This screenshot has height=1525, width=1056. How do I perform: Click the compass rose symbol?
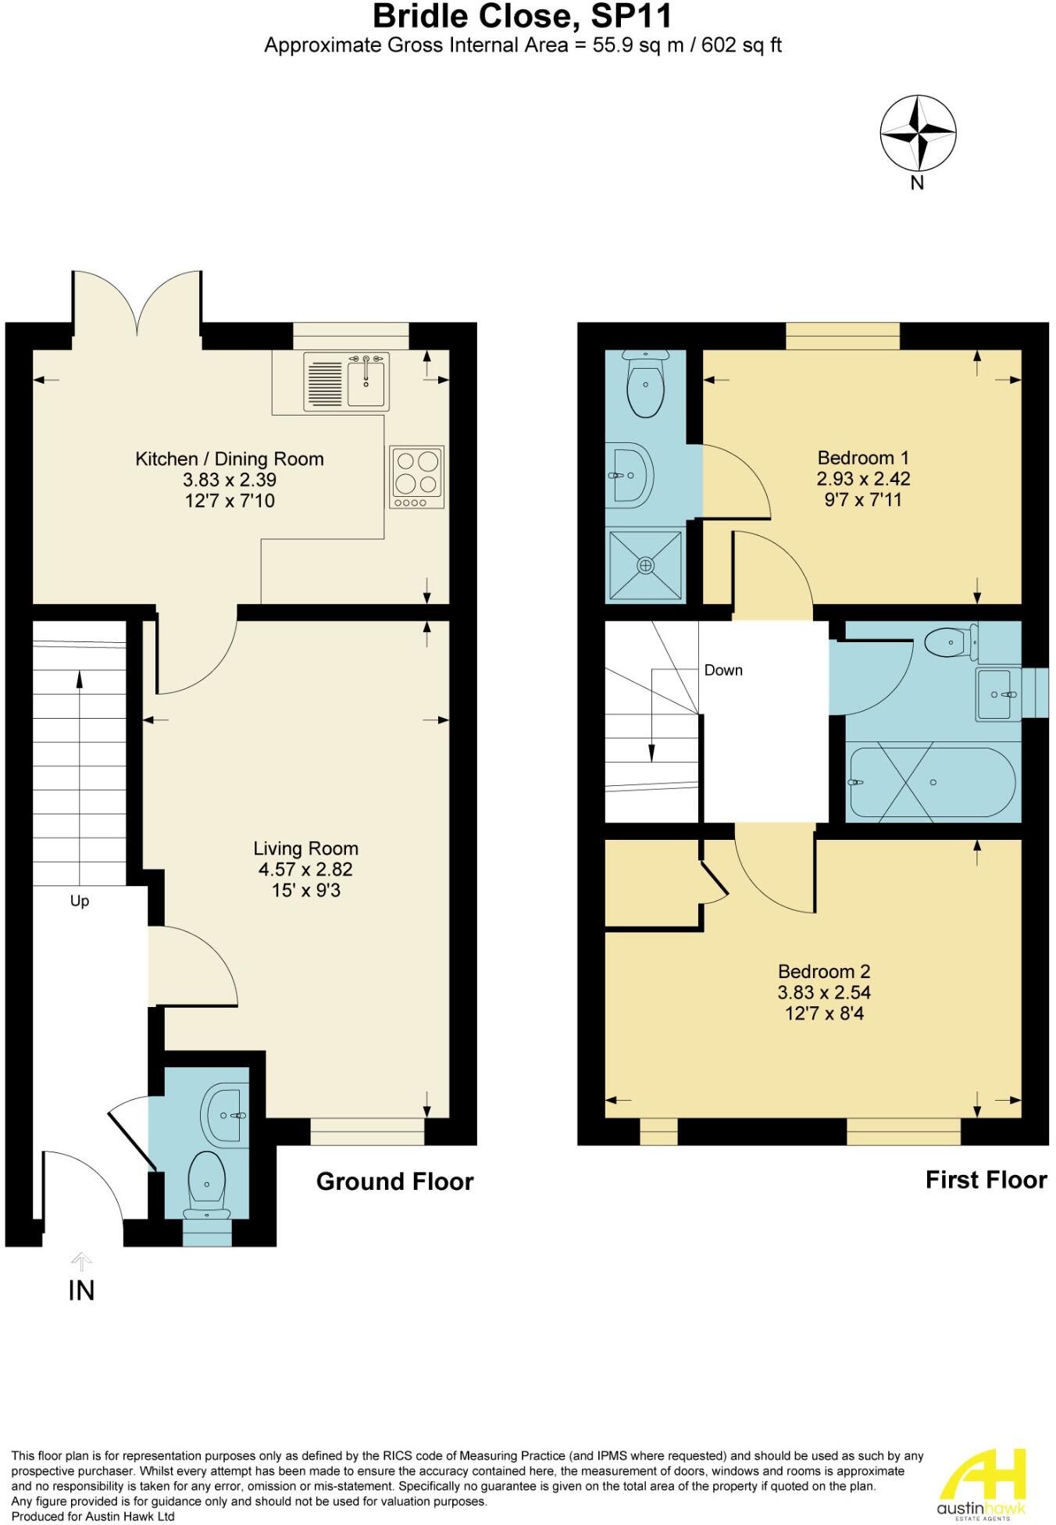918,133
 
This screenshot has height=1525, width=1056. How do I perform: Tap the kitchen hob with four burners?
416,477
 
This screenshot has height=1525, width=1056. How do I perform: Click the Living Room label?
305,848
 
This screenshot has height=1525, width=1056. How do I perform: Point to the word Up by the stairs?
80,901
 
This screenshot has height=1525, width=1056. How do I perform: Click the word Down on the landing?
723,670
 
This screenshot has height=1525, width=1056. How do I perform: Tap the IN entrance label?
81,1291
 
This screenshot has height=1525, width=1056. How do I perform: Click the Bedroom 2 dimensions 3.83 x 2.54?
824,992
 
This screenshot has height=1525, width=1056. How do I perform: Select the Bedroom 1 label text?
863,458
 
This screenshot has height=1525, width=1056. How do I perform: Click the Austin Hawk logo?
981,1483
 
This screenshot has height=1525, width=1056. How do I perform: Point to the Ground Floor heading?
394,1181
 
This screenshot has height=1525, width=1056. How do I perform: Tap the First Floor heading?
986,1180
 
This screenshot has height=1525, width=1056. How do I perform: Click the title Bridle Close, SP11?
523,16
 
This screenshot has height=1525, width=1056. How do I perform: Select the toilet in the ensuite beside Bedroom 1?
646,385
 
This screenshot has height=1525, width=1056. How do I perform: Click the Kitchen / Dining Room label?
230,459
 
